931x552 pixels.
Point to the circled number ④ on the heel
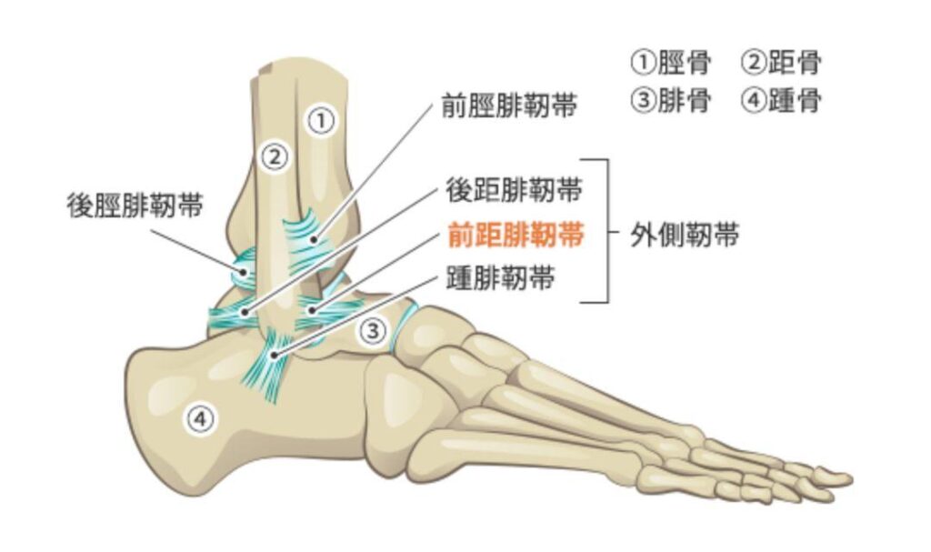tap(200, 419)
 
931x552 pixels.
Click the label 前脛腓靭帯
tap(509, 106)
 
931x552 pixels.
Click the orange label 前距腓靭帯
tap(515, 236)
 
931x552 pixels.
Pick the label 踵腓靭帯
tap(500, 279)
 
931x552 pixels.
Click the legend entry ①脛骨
tap(672, 63)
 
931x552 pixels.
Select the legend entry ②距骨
tap(782, 63)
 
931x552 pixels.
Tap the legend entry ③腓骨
tap(672, 100)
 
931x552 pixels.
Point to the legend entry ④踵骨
tap(782, 100)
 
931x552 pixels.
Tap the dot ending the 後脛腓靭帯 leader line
tap(245, 272)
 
